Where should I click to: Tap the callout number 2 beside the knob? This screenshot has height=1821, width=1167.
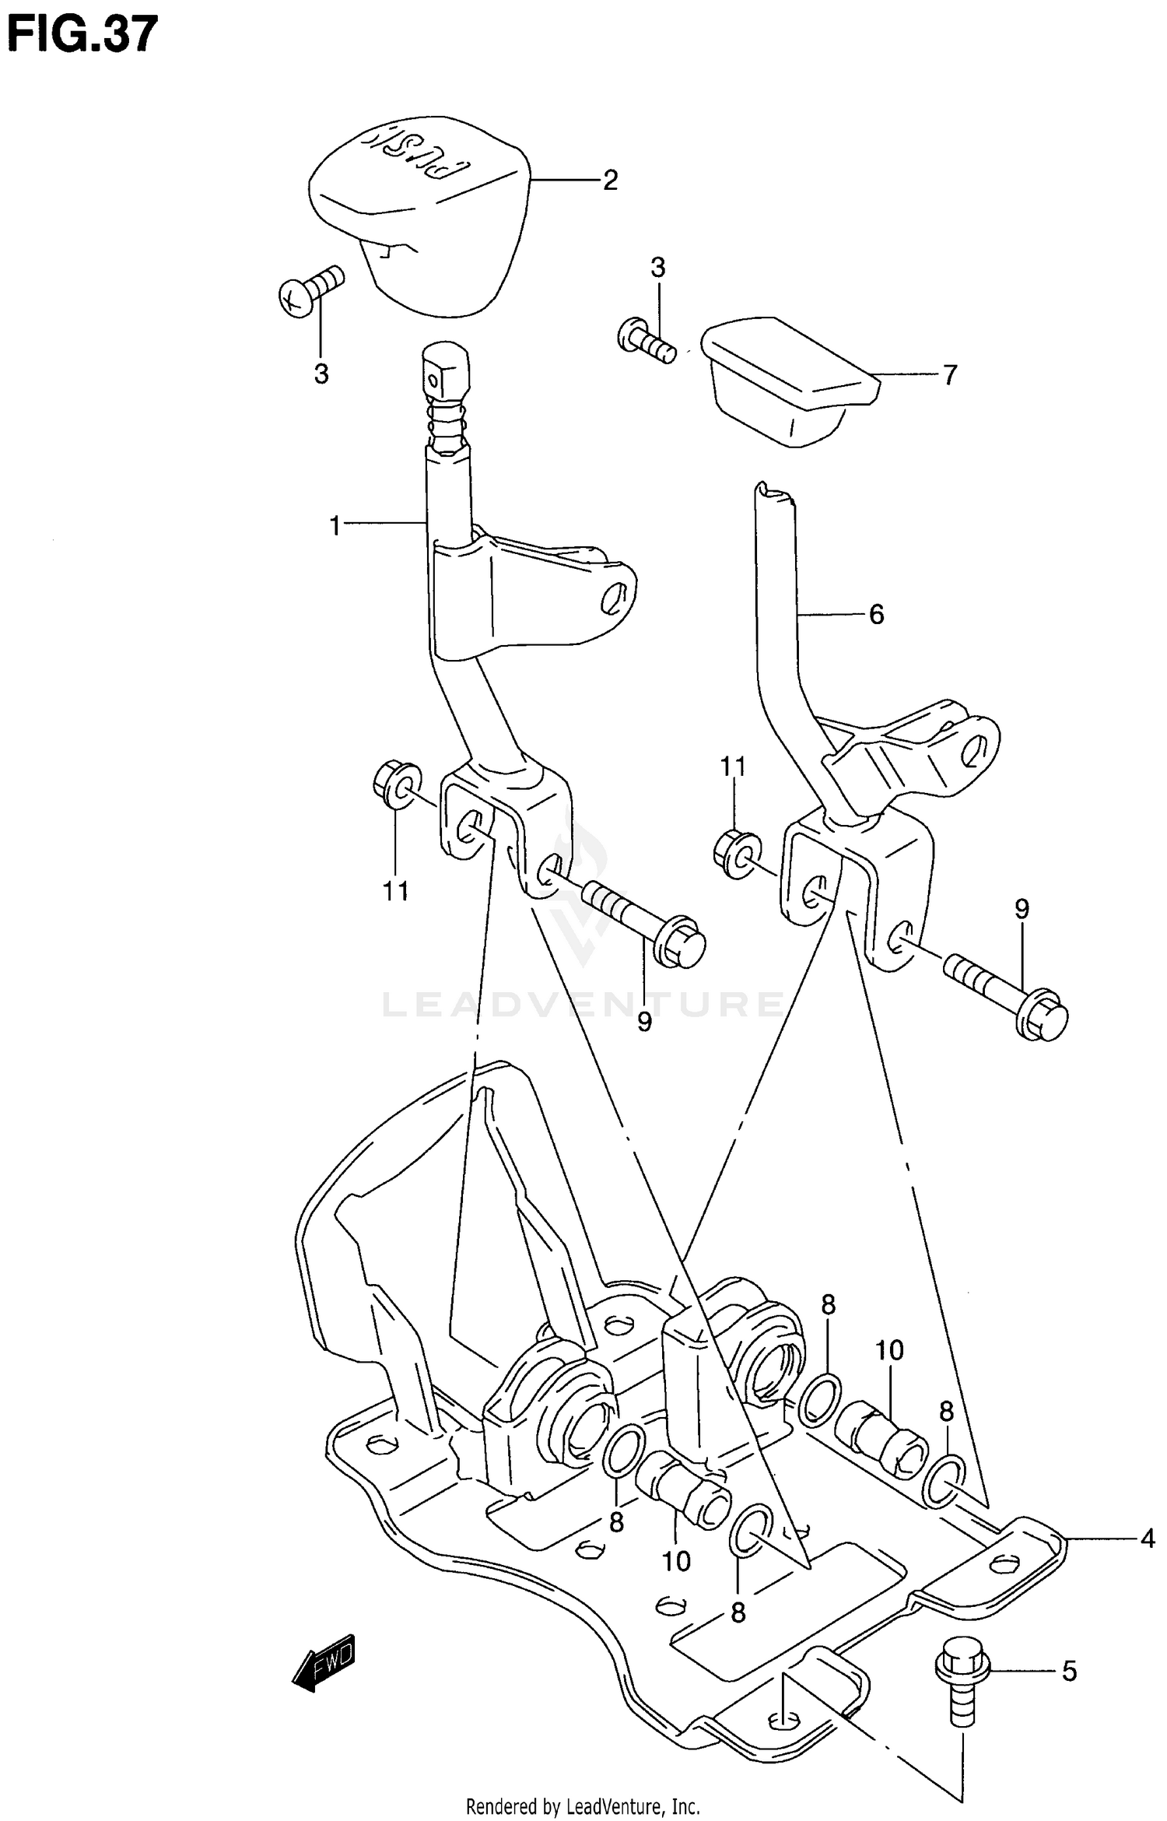610,181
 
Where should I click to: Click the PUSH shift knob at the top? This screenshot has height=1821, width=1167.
420,218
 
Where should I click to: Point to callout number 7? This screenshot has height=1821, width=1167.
949,375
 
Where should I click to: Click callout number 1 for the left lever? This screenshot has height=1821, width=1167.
335,527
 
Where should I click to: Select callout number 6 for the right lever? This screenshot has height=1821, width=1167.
876,615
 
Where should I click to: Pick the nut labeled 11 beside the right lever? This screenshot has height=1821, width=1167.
733,853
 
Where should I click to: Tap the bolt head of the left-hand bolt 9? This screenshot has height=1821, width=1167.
682,944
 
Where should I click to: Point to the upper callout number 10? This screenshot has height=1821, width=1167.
888,1349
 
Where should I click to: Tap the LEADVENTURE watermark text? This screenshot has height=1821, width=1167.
583,1004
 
